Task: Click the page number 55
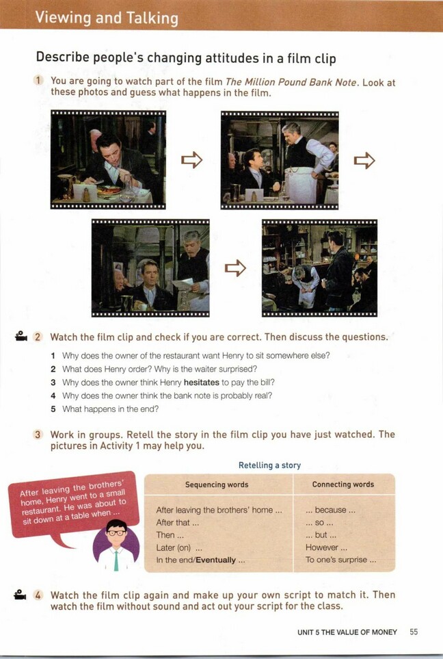[414, 632]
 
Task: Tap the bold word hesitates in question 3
[202, 383]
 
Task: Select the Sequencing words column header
[217, 484]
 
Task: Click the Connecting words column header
[343, 484]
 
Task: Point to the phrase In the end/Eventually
[196, 560]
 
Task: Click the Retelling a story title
[269, 465]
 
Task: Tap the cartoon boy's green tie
[116, 560]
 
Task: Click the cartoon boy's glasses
[116, 532]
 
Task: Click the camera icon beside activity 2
[21, 336]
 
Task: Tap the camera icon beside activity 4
[20, 595]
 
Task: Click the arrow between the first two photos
[192, 159]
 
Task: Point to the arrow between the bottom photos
[236, 268]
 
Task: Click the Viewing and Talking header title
[107, 18]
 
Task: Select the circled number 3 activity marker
[38, 435]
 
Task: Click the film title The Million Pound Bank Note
[292, 82]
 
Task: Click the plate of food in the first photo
[108, 191]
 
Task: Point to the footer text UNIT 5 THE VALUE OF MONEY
[347, 632]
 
